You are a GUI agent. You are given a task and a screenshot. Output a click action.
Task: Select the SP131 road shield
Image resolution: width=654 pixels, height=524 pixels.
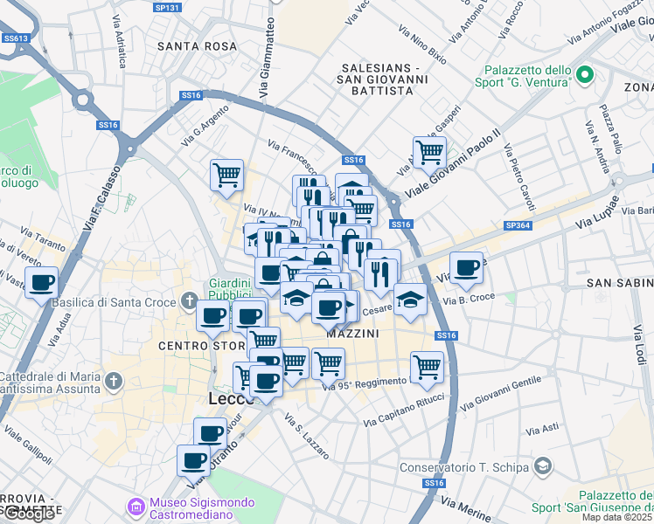click(x=166, y=7)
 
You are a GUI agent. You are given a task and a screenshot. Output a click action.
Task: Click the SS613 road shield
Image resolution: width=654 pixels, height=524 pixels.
click(x=15, y=38)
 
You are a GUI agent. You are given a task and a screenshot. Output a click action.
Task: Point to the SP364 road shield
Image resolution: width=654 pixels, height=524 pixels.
click(x=517, y=225)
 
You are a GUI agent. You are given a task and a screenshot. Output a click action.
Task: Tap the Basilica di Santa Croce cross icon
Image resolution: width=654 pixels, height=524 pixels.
click(x=189, y=302)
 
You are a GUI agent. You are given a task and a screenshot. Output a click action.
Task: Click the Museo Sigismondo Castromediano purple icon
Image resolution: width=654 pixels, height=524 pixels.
click(x=136, y=506)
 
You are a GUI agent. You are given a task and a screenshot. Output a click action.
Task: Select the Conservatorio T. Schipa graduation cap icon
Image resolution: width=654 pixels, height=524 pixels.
click(x=542, y=466)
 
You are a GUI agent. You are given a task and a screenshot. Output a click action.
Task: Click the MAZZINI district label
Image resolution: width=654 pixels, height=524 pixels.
click(x=352, y=334)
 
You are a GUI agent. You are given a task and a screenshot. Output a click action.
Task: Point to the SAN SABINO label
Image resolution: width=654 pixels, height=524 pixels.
click(x=619, y=283)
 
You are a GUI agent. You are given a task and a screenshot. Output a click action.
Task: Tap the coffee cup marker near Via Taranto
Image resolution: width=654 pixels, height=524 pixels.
click(x=42, y=283)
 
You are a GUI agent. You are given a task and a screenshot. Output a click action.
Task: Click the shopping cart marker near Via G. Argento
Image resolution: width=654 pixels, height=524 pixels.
click(x=226, y=174)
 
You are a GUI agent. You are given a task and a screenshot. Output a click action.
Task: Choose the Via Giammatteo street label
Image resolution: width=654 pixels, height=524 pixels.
click(x=261, y=61)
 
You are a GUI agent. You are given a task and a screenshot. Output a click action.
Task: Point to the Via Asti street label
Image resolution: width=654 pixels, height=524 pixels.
click(x=542, y=429)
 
